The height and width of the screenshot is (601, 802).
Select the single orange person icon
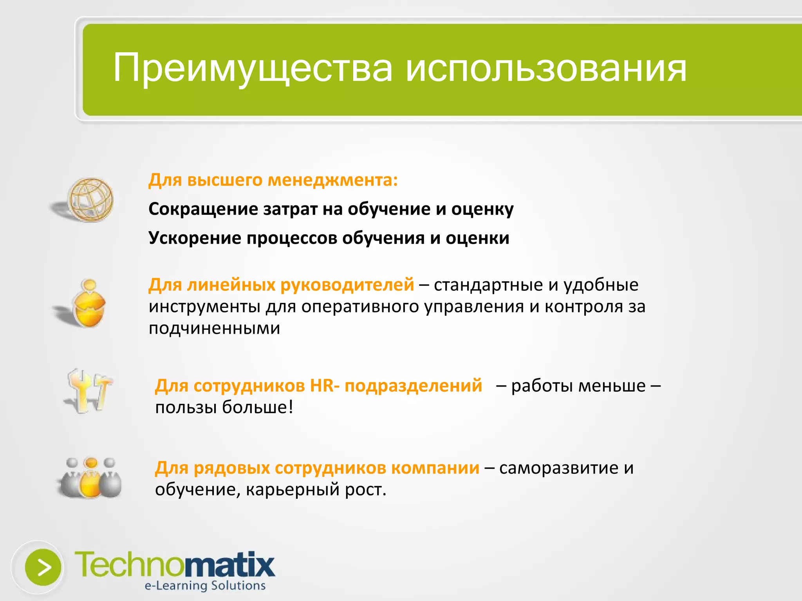point(89,303)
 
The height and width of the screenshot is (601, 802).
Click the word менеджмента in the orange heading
point(332,180)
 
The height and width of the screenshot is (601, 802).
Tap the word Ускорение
point(195,238)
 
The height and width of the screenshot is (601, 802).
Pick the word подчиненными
point(214,328)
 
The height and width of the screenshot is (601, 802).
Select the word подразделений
point(413,386)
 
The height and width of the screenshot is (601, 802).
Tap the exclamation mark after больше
point(291,407)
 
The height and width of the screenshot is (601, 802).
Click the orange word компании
point(435,468)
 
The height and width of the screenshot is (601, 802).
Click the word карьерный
point(292,489)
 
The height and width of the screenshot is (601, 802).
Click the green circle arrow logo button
point(43,567)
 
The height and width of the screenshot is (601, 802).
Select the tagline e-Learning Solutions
point(205,586)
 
